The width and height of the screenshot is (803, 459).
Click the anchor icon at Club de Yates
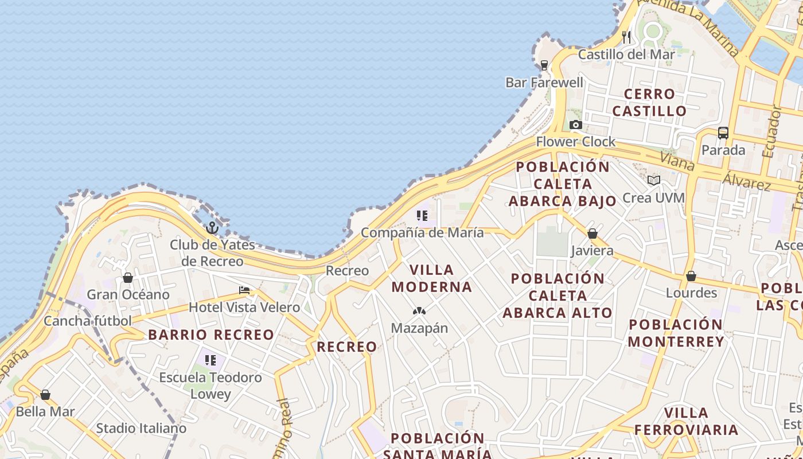pos(212,228)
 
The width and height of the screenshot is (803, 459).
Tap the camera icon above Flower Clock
pos(575,125)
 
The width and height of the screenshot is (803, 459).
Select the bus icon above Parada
pos(723,133)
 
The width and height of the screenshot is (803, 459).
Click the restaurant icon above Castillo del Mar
pos(626,37)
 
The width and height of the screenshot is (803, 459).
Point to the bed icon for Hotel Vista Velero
pos(244,290)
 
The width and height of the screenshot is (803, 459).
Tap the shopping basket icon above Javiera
pos(592,234)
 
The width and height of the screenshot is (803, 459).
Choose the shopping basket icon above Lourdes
pos(691,276)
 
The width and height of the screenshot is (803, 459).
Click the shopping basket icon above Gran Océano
pos(128,278)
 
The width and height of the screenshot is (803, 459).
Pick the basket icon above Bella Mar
pos(45,395)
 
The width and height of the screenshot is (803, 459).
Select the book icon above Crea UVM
pos(653,180)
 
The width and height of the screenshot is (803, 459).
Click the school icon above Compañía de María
pos(422,216)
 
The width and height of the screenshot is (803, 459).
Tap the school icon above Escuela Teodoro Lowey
pos(211,360)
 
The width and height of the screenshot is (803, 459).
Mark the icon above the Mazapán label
pos(419,311)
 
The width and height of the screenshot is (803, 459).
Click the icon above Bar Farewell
pos(544,65)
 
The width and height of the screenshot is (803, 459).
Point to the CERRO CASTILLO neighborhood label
pos(649,102)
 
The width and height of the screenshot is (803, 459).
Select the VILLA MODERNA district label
pos(432,278)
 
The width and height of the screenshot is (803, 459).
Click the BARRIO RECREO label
pos(211,335)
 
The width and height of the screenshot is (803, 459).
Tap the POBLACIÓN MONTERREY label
pos(676,333)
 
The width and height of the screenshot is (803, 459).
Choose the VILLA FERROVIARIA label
pos(686,421)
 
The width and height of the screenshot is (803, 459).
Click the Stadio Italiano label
pos(141,428)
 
